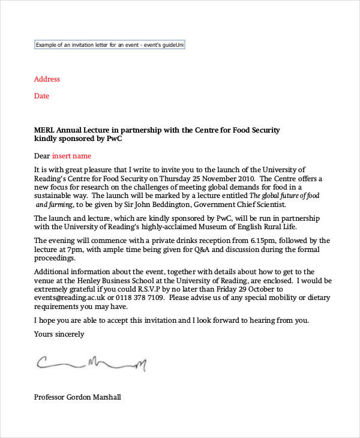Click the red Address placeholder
[47, 79]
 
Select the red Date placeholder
[41, 96]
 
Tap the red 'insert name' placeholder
[73, 156]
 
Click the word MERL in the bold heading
[45, 130]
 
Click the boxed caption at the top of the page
[109, 45]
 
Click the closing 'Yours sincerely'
[59, 334]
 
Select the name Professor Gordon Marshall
[78, 397]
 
